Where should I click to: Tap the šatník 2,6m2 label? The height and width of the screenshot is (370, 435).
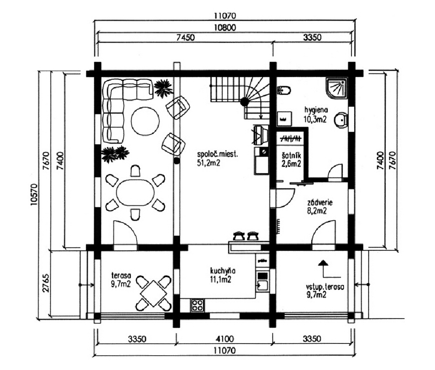(x=291, y=160)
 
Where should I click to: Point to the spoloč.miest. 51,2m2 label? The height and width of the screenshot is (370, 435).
(x=217, y=159)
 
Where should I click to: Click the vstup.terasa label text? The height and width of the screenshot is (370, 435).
(x=325, y=286)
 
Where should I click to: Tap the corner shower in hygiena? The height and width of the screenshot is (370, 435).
(x=336, y=89)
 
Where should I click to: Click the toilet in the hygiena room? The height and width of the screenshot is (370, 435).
(x=284, y=90)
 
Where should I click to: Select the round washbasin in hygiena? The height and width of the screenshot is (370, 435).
(x=341, y=120)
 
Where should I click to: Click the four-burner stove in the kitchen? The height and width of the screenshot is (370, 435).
(x=197, y=305)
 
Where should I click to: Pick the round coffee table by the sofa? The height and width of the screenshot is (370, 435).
(x=145, y=121)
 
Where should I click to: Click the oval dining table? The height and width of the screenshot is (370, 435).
(x=135, y=192)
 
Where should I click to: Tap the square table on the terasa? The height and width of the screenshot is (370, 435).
(x=153, y=293)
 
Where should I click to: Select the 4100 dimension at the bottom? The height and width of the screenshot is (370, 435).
(x=224, y=338)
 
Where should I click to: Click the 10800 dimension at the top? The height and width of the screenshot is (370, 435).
(x=225, y=27)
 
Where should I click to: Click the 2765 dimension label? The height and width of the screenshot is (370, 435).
(x=46, y=283)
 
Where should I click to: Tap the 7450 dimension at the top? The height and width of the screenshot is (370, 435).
(x=186, y=37)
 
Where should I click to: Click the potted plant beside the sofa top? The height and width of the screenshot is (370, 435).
(x=163, y=88)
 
